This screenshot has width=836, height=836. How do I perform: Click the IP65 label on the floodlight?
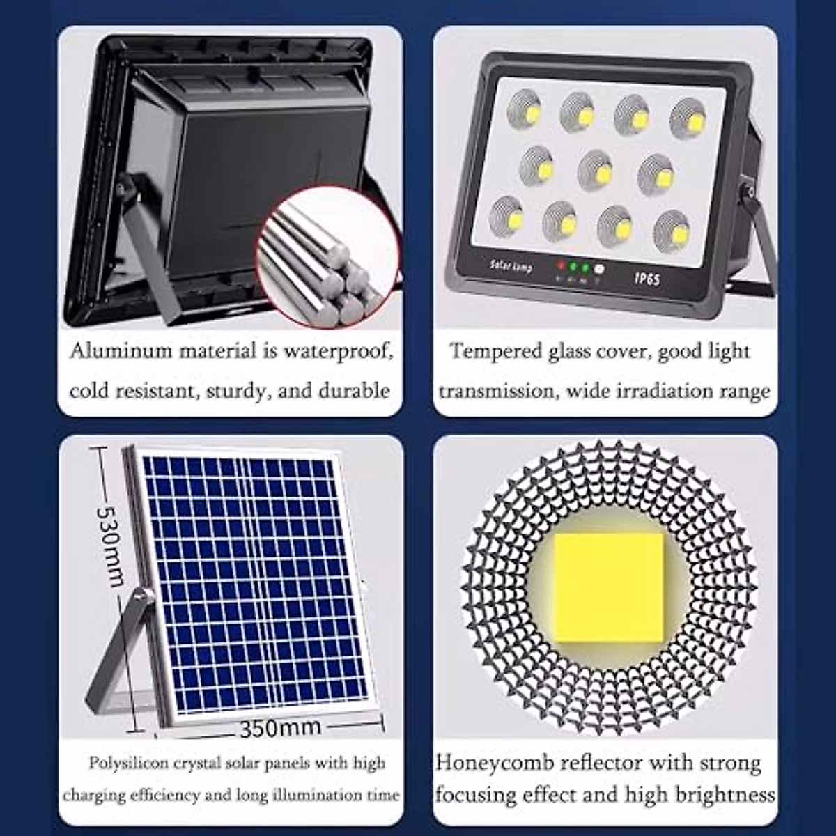click(x=647, y=278)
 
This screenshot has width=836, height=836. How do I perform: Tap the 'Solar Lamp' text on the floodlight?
click(x=511, y=266)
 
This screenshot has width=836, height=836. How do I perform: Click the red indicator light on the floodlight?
click(x=559, y=265)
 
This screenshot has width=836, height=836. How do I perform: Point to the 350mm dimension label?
click(x=280, y=728)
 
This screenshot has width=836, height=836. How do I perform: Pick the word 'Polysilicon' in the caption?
click(x=128, y=763)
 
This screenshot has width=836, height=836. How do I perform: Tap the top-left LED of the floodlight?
click(x=524, y=109)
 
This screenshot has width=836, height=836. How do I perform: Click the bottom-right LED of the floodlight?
click(x=671, y=229)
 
